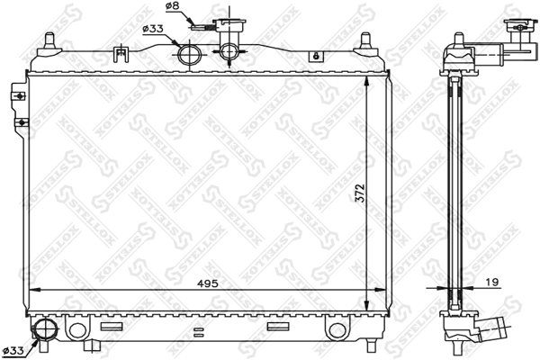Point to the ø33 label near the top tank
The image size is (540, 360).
(153, 29)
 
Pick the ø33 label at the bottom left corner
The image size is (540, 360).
(13, 349)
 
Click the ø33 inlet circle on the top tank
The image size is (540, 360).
(191, 55)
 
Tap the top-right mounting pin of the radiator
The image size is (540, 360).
(366, 41)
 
